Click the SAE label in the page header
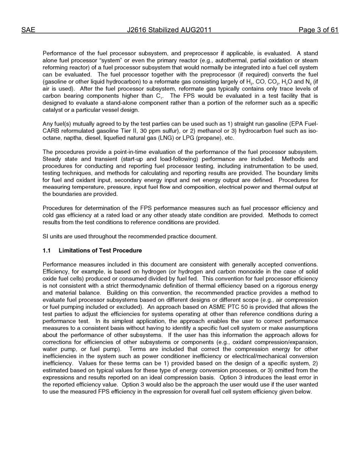pyautogui.click(x=28, y=30)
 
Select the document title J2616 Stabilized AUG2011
pyautogui.click(x=169, y=30)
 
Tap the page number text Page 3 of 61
pyautogui.click(x=318, y=30)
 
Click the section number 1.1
pyautogui.click(x=47, y=250)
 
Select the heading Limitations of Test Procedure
pyautogui.click(x=100, y=250)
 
